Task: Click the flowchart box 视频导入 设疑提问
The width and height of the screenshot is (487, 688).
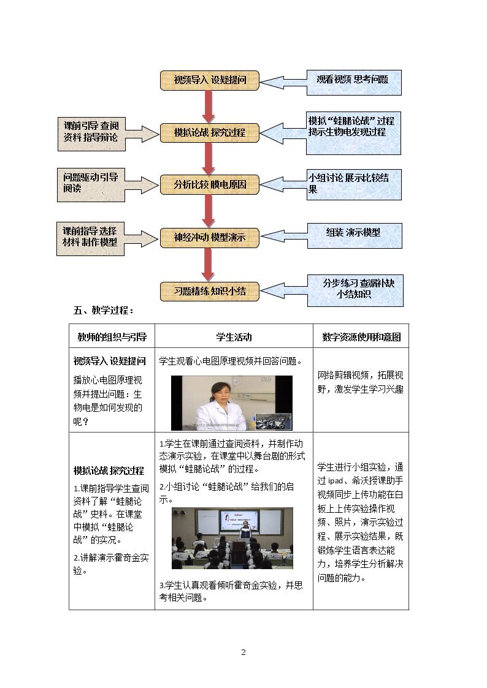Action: click(x=210, y=80)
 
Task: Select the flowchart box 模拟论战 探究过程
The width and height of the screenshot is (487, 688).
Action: click(x=210, y=133)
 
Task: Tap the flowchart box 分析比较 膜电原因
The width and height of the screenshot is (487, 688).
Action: click(x=210, y=185)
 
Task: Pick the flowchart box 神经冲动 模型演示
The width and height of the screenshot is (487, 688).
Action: click(x=210, y=238)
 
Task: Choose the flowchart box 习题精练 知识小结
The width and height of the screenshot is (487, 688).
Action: click(x=210, y=292)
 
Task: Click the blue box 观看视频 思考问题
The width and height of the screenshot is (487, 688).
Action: click(x=353, y=83)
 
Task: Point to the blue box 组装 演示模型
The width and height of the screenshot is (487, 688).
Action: click(x=355, y=236)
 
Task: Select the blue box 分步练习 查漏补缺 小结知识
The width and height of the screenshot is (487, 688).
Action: click(x=355, y=290)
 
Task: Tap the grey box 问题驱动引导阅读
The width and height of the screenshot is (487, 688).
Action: click(x=91, y=185)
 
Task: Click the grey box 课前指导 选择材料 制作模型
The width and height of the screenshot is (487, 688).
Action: click(x=90, y=239)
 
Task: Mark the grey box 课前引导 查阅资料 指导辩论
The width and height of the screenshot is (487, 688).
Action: click(x=91, y=134)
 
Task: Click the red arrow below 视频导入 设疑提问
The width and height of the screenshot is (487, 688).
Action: click(x=209, y=107)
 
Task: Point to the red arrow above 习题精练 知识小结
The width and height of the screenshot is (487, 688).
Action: click(x=209, y=265)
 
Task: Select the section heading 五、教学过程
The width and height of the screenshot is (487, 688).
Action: click(x=104, y=311)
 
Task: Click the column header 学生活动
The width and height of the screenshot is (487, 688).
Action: click(x=234, y=337)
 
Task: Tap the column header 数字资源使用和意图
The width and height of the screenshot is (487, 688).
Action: click(x=361, y=337)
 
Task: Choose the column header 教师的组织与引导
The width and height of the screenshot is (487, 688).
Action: click(x=112, y=337)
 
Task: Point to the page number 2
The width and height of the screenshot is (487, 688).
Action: click(x=243, y=652)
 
